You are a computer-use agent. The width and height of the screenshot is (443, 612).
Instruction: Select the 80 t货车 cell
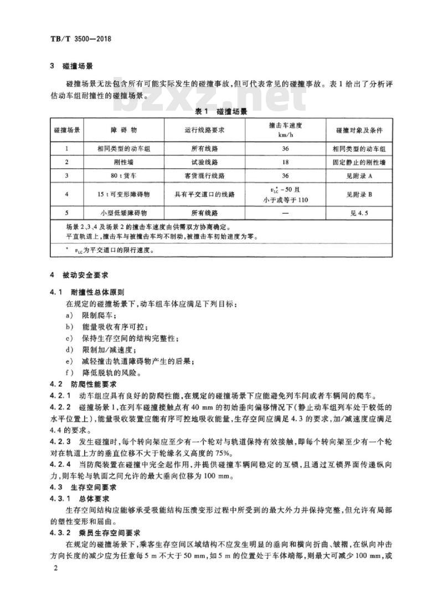[x=123, y=175]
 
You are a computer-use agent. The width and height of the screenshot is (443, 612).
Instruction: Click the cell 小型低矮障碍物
[x=123, y=213]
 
